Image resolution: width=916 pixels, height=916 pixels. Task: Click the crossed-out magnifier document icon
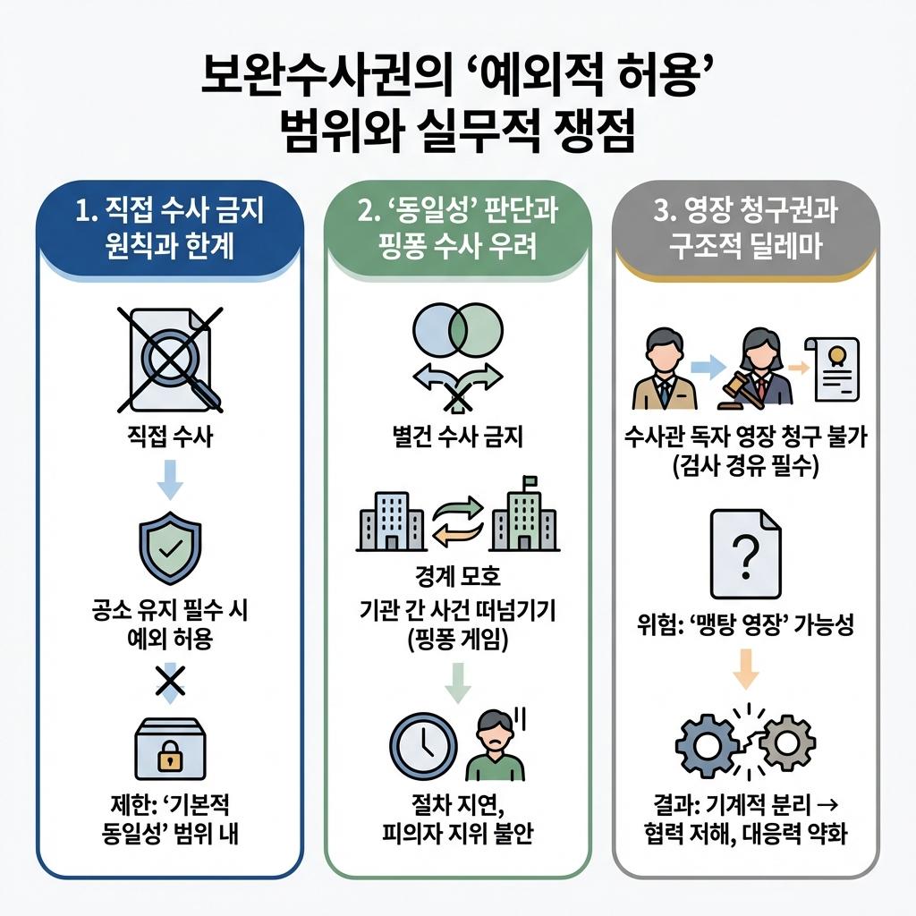pos(170,358)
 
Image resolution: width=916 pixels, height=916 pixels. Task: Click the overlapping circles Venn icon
pos(457,328)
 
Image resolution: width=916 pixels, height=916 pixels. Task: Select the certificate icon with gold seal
pos(832,369)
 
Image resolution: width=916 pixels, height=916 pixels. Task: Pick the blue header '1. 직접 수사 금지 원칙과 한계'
pos(170,228)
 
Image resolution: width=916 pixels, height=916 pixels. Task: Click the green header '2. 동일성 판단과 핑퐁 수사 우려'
pos(457,228)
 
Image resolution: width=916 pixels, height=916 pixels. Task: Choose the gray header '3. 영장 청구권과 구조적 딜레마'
pos(745,228)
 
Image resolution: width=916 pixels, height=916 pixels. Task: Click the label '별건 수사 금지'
pos(457,438)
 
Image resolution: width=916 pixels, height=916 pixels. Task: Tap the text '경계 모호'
pos(457,573)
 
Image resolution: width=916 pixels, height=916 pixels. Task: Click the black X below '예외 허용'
pos(170,683)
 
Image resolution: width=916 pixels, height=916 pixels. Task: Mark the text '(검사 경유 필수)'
pos(745,467)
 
